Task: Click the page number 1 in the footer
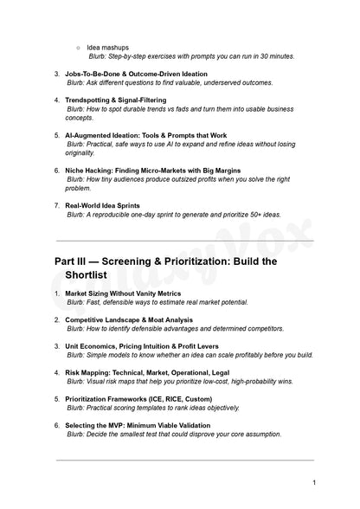click(x=314, y=481)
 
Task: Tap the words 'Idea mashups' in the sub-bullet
click(x=108, y=47)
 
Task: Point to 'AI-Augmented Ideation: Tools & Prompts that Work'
click(x=146, y=135)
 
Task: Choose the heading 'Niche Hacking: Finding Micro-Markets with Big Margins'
click(x=152, y=171)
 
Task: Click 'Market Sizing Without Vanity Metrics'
click(x=125, y=293)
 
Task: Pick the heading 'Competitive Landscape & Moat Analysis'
click(x=129, y=319)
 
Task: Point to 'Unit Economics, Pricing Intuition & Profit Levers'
click(x=147, y=345)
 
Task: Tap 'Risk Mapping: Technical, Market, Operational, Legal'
click(x=150, y=372)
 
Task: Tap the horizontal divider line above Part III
click(x=184, y=241)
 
